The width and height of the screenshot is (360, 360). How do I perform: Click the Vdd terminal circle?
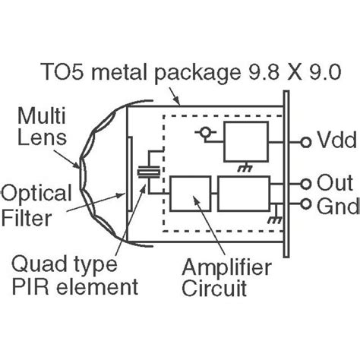pyautogui.click(x=306, y=142)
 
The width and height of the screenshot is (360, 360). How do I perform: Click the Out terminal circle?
pyautogui.click(x=306, y=184)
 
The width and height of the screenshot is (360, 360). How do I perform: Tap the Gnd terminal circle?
pyautogui.click(x=306, y=204)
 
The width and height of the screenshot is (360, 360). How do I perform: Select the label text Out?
pyautogui.click(x=335, y=182)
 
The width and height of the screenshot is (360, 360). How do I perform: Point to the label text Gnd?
pyautogui.click(x=338, y=206)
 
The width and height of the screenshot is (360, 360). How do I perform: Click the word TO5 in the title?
pyautogui.click(x=63, y=71)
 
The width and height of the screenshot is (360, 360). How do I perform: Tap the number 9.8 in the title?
pyautogui.click(x=264, y=71)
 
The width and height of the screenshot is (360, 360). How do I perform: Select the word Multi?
pyautogui.click(x=42, y=115)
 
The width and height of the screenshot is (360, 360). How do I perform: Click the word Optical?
pyautogui.click(x=36, y=193)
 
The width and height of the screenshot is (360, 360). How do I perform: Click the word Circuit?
pyautogui.click(x=214, y=288)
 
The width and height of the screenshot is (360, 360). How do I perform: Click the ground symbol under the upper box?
pyautogui.click(x=245, y=167)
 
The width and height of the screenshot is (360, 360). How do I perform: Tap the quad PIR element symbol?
pyautogui.click(x=149, y=172)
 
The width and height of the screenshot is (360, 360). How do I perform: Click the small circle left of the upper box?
pyautogui.click(x=204, y=132)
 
